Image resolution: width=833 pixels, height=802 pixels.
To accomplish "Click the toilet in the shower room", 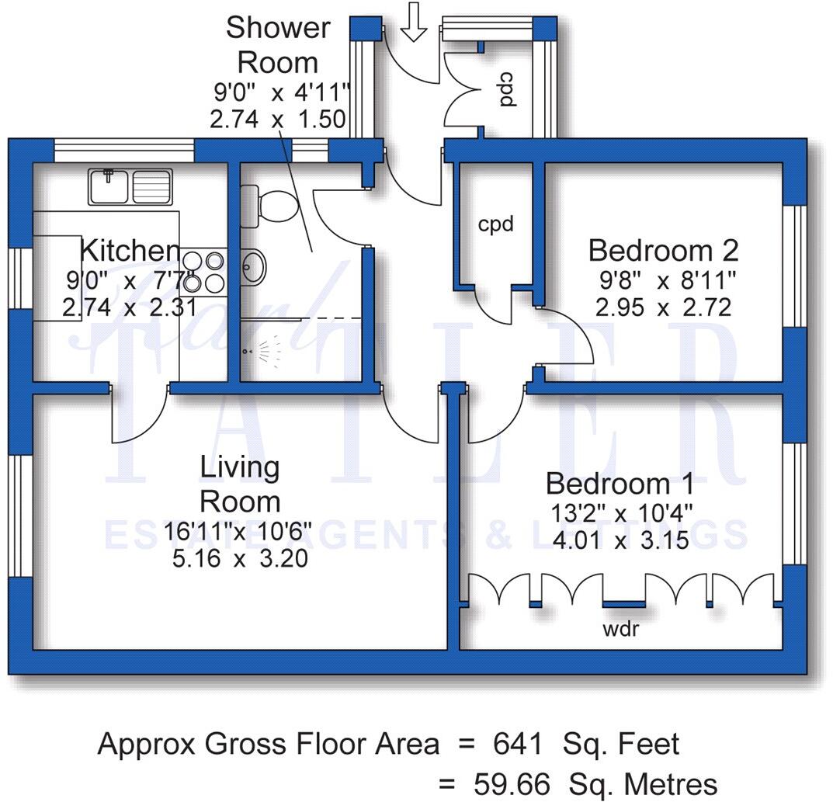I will (268, 205).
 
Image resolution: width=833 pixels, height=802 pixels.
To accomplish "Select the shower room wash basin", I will (255, 267).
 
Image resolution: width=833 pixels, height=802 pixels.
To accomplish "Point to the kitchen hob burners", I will (203, 272).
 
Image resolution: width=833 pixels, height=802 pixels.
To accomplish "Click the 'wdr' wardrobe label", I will (621, 629).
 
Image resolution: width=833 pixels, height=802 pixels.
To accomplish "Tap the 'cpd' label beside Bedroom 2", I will (495, 224).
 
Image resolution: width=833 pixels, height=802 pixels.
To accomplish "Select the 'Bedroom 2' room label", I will (663, 251).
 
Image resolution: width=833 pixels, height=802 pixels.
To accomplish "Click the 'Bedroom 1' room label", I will (620, 484).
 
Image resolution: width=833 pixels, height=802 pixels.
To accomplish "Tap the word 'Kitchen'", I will (130, 252).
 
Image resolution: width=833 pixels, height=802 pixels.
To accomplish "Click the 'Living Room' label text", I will (239, 483).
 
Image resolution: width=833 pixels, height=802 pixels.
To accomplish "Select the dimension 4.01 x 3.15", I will (619, 540).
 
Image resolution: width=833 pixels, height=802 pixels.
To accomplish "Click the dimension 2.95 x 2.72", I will (663, 307).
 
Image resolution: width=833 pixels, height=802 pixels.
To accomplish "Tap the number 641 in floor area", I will (518, 744).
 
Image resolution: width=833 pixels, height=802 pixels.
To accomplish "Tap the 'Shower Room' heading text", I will (277, 44).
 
